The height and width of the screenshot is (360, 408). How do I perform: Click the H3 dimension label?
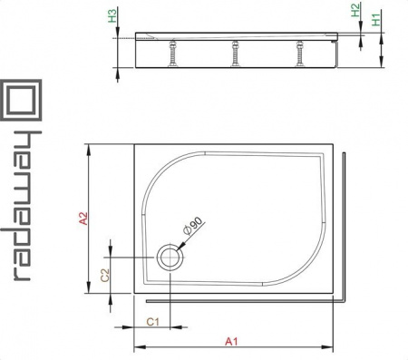[x=112, y=15]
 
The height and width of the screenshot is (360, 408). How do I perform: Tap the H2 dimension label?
[x=355, y=10]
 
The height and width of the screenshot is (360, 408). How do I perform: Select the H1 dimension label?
[x=375, y=20]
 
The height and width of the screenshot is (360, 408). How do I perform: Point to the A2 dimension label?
[x=83, y=219]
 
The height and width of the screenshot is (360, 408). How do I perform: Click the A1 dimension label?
[x=231, y=342]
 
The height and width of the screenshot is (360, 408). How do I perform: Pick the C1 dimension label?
[x=152, y=322]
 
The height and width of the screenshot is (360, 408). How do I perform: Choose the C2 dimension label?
[x=105, y=275]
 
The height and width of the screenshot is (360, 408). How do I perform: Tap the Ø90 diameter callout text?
[x=193, y=226]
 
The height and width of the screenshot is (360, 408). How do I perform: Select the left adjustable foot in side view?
[x=173, y=54]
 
